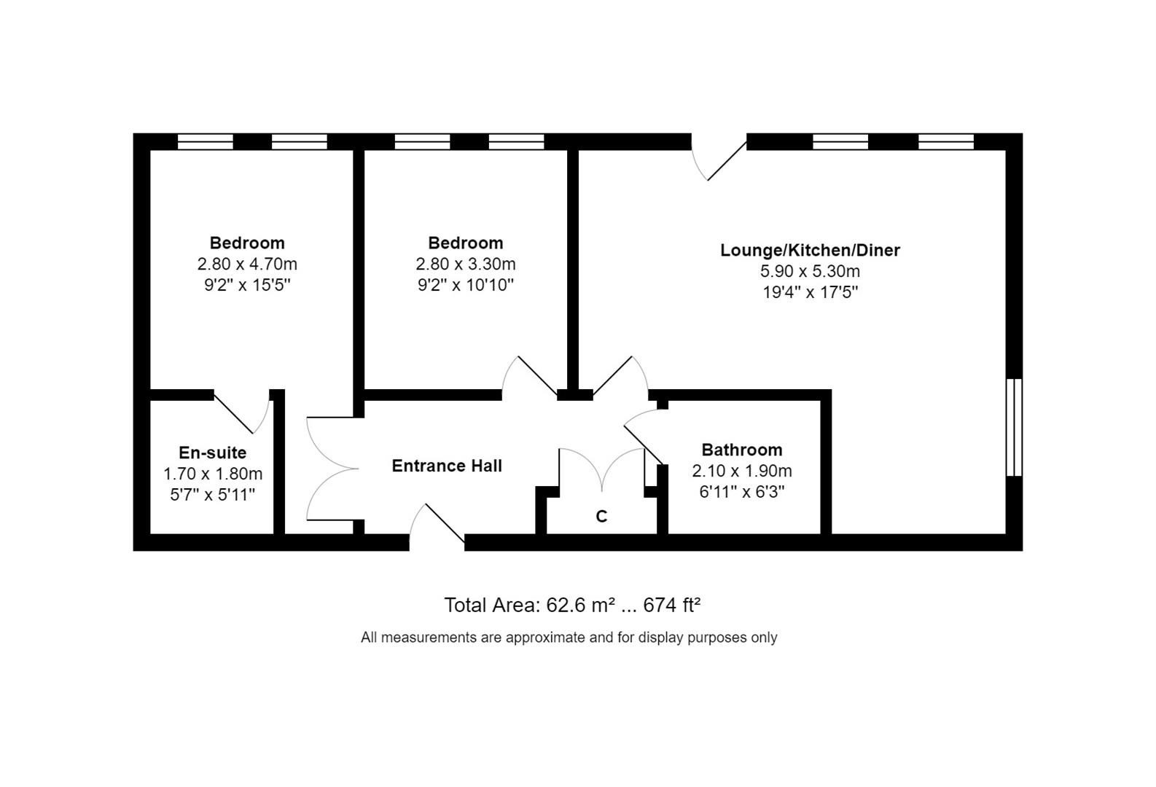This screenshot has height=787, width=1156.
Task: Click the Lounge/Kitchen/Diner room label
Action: click(x=810, y=250)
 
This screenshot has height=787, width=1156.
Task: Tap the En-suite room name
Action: click(x=212, y=453)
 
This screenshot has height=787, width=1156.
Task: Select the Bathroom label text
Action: click(x=741, y=450)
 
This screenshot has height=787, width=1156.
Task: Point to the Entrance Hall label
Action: click(x=447, y=466)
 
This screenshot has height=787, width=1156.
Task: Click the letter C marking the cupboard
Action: click(x=601, y=517)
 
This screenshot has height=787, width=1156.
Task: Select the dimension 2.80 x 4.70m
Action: click(x=247, y=264)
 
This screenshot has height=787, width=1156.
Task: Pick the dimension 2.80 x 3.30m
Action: click(x=465, y=264)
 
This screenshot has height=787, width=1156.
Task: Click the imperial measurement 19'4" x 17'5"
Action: click(x=810, y=292)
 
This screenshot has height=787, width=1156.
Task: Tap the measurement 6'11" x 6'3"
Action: click(x=741, y=492)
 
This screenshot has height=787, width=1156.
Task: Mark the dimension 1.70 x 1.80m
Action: click(x=212, y=474)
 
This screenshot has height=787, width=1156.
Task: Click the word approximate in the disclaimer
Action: click(x=545, y=638)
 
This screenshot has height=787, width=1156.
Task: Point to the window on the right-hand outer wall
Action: click(x=1014, y=427)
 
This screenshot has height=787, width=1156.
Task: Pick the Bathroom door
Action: click(x=644, y=437)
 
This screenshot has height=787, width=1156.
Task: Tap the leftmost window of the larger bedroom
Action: click(x=206, y=141)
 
